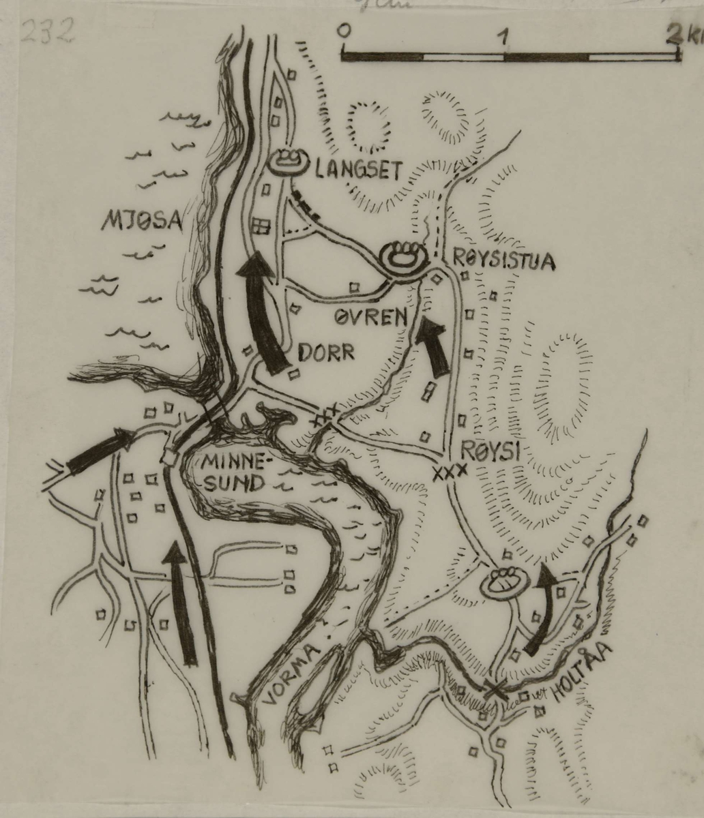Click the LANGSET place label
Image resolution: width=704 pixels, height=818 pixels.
357,170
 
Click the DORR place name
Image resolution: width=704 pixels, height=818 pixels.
325,352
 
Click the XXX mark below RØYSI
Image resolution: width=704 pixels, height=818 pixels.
450,471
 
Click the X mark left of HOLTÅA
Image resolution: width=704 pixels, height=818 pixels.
495,689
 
